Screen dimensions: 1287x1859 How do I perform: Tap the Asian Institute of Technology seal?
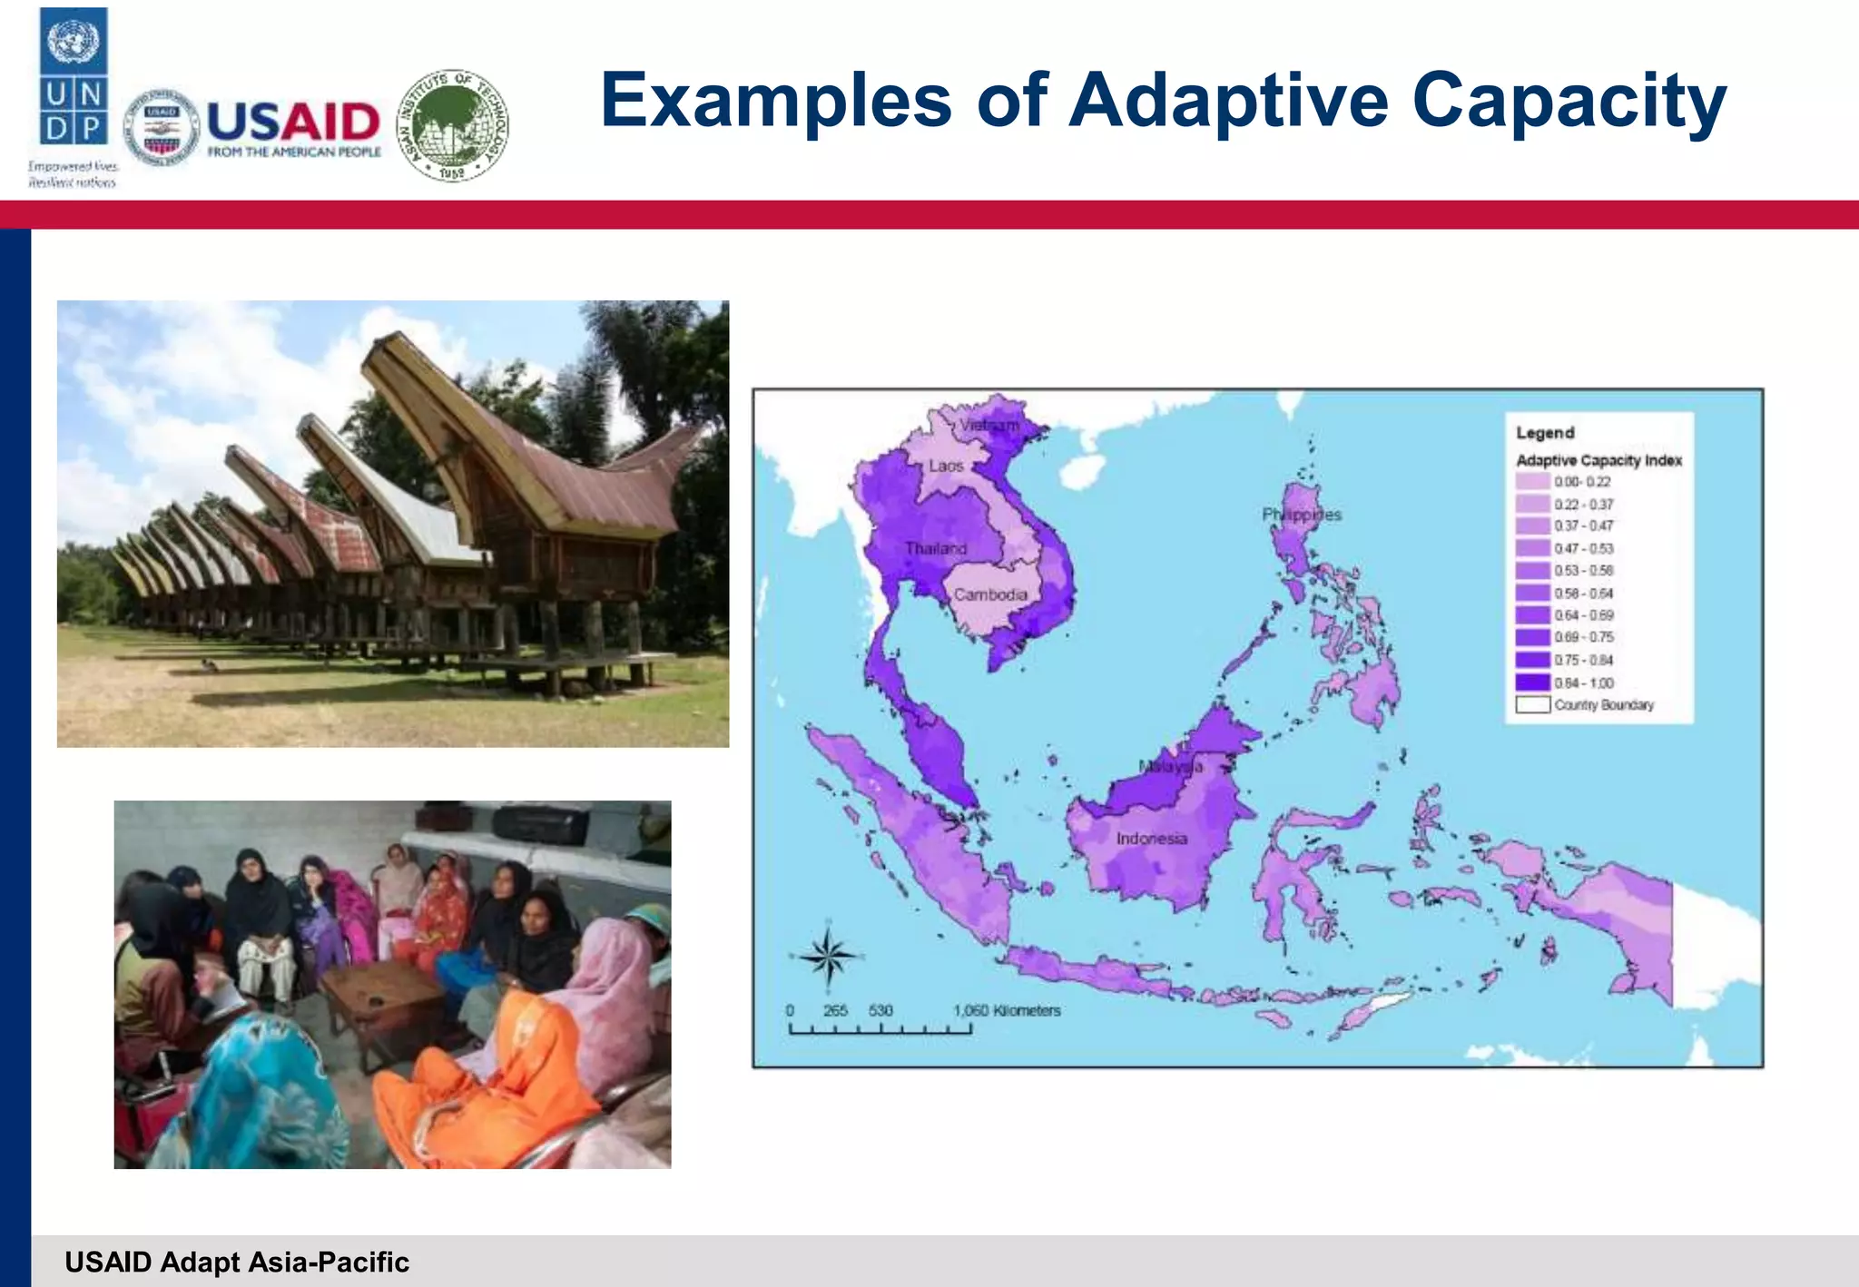click(x=453, y=124)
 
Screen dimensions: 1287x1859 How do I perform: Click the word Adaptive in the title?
click(x=1228, y=102)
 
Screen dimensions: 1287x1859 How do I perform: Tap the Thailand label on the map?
click(x=935, y=548)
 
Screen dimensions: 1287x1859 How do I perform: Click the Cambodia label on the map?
click(x=990, y=594)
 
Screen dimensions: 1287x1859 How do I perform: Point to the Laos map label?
click(x=946, y=466)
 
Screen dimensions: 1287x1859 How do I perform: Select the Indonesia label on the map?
click(x=1151, y=839)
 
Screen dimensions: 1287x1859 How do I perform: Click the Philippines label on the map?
click(x=1301, y=515)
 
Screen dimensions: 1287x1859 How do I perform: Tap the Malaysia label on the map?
click(x=1171, y=767)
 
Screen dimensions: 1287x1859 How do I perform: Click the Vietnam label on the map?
click(x=989, y=425)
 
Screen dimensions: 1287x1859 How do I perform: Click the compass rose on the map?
click(x=828, y=956)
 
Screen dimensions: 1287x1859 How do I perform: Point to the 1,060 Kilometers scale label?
click(x=1007, y=1010)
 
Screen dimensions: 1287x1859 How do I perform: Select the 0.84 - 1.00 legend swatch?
click(x=1532, y=683)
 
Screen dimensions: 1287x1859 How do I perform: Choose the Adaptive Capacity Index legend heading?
click(x=1598, y=460)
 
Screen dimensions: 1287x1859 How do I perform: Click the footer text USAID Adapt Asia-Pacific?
click(x=237, y=1262)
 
